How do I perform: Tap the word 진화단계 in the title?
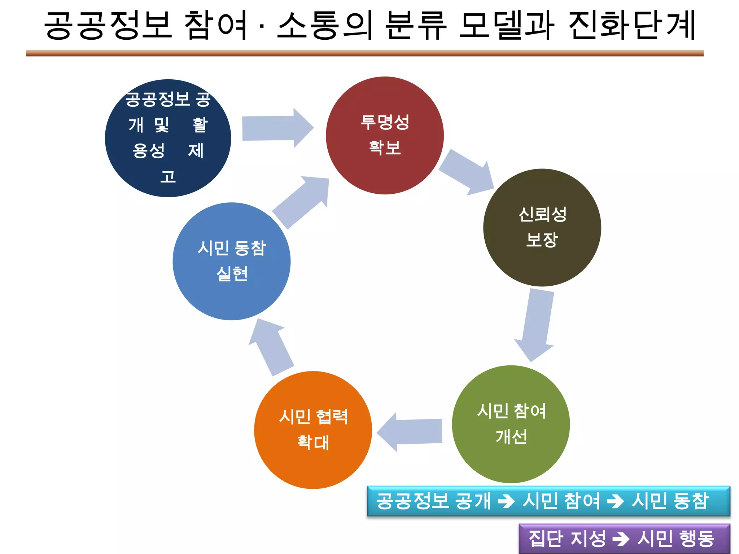(x=631, y=25)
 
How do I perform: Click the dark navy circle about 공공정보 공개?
(x=168, y=138)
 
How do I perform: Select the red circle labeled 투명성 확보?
(x=385, y=135)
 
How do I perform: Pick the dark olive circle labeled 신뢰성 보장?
(x=542, y=227)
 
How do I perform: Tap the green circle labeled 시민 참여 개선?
(x=511, y=424)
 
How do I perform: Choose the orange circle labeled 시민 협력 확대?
(x=313, y=430)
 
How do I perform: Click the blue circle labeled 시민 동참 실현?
(x=231, y=261)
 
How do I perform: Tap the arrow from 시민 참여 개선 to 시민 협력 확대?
(x=411, y=432)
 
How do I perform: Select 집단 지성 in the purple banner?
(x=567, y=538)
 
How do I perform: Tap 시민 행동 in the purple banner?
(x=675, y=538)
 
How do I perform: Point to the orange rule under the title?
(x=364, y=53)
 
